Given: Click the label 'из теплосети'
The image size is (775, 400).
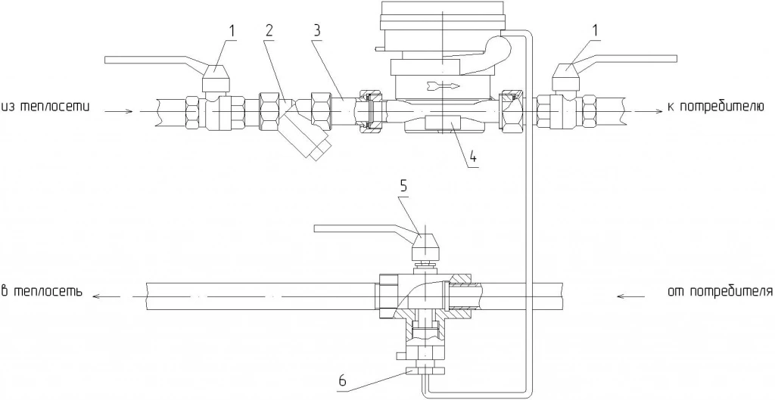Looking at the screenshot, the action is click(45, 107).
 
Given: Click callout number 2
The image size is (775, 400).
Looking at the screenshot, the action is click(269, 30).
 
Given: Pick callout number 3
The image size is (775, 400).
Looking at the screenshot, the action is click(317, 30).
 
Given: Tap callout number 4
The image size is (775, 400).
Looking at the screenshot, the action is click(473, 157).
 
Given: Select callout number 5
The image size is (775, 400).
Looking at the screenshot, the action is click(403, 186).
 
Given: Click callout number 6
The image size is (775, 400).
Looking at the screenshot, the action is click(343, 381).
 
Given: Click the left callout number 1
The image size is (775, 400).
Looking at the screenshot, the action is click(231, 30).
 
